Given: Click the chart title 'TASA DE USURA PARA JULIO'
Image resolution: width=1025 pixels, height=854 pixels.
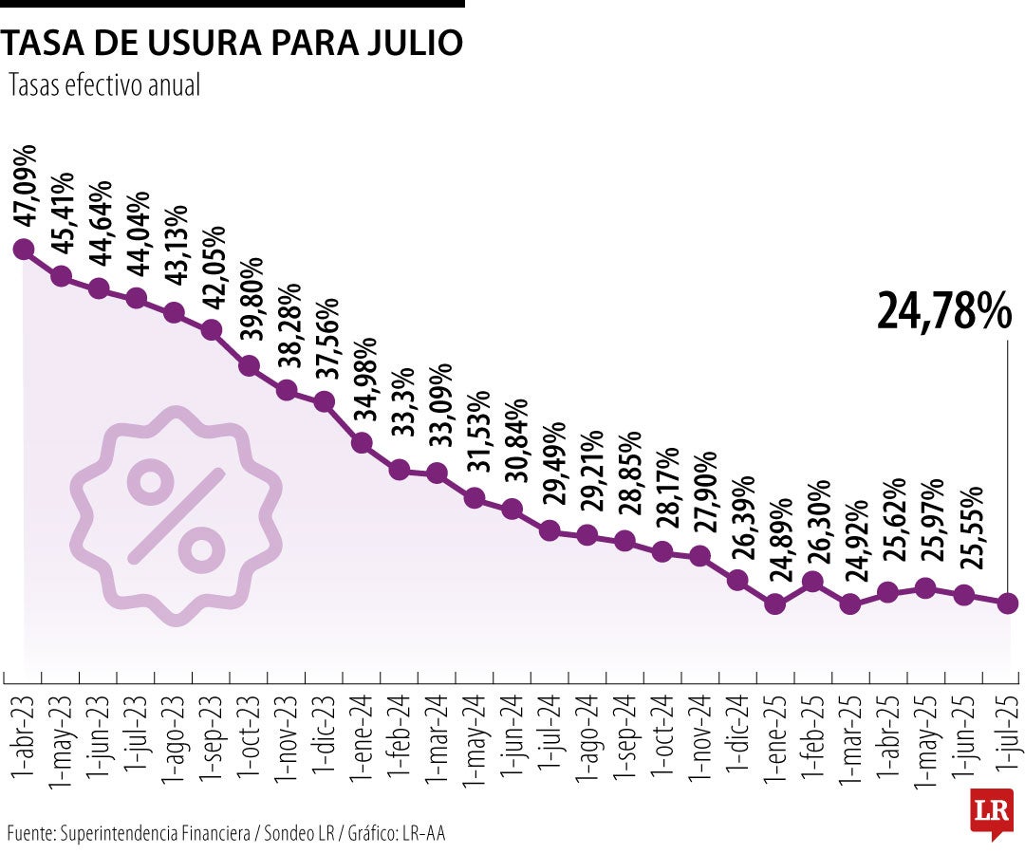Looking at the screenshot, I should pos(233,43).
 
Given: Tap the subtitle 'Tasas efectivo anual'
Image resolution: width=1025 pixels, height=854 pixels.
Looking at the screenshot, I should pos(104,85).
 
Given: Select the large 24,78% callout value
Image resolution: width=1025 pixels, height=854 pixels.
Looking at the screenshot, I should pos(944,310).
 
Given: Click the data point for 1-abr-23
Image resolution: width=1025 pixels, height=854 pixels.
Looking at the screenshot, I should pos(24,250).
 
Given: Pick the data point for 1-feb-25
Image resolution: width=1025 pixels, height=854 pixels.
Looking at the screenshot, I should pos(813,582).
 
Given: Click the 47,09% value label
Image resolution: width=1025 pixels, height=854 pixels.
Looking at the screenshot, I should pos(25,187).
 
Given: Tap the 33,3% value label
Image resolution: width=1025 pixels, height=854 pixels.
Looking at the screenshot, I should pos(401,414).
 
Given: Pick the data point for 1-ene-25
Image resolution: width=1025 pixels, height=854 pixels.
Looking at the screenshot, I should pos(775,603).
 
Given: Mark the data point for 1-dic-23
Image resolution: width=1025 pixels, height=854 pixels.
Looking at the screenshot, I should pos(325,401).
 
